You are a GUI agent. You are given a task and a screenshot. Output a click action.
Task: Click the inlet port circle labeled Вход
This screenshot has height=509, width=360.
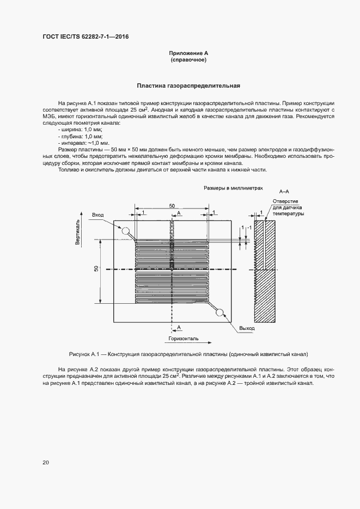125,231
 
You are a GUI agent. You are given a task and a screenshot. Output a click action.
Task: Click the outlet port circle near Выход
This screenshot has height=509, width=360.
221,312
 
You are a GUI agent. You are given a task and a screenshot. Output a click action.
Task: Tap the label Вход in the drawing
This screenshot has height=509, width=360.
98,216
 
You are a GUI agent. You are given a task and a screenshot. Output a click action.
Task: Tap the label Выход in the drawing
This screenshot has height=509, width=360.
247,328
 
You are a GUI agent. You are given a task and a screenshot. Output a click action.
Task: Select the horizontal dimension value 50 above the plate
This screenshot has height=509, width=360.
172,206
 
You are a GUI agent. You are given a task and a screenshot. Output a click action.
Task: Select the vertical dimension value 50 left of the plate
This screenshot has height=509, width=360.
96,269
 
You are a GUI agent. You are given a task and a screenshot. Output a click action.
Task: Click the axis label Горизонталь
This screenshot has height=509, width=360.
183,338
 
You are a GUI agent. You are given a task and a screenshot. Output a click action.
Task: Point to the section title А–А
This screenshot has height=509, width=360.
284,192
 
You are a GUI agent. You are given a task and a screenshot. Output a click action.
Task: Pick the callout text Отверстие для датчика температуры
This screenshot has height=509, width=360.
289,207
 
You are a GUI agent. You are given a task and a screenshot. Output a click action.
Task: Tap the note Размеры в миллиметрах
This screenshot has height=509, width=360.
233,187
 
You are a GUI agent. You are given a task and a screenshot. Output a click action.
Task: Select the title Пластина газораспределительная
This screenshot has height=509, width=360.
188,85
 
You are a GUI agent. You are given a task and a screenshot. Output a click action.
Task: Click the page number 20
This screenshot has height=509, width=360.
46,462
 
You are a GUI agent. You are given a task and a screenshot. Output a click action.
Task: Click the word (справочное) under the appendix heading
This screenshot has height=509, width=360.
188,60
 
